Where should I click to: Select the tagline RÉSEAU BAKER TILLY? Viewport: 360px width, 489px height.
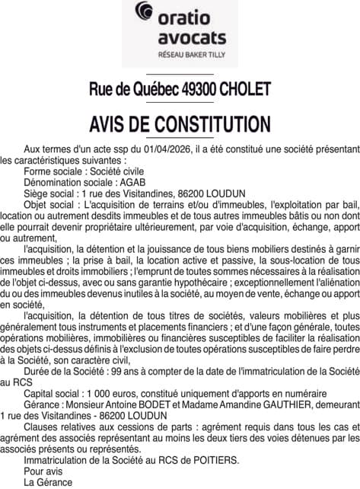click(179, 55)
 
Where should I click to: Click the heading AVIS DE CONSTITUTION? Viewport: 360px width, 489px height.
click(180, 124)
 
